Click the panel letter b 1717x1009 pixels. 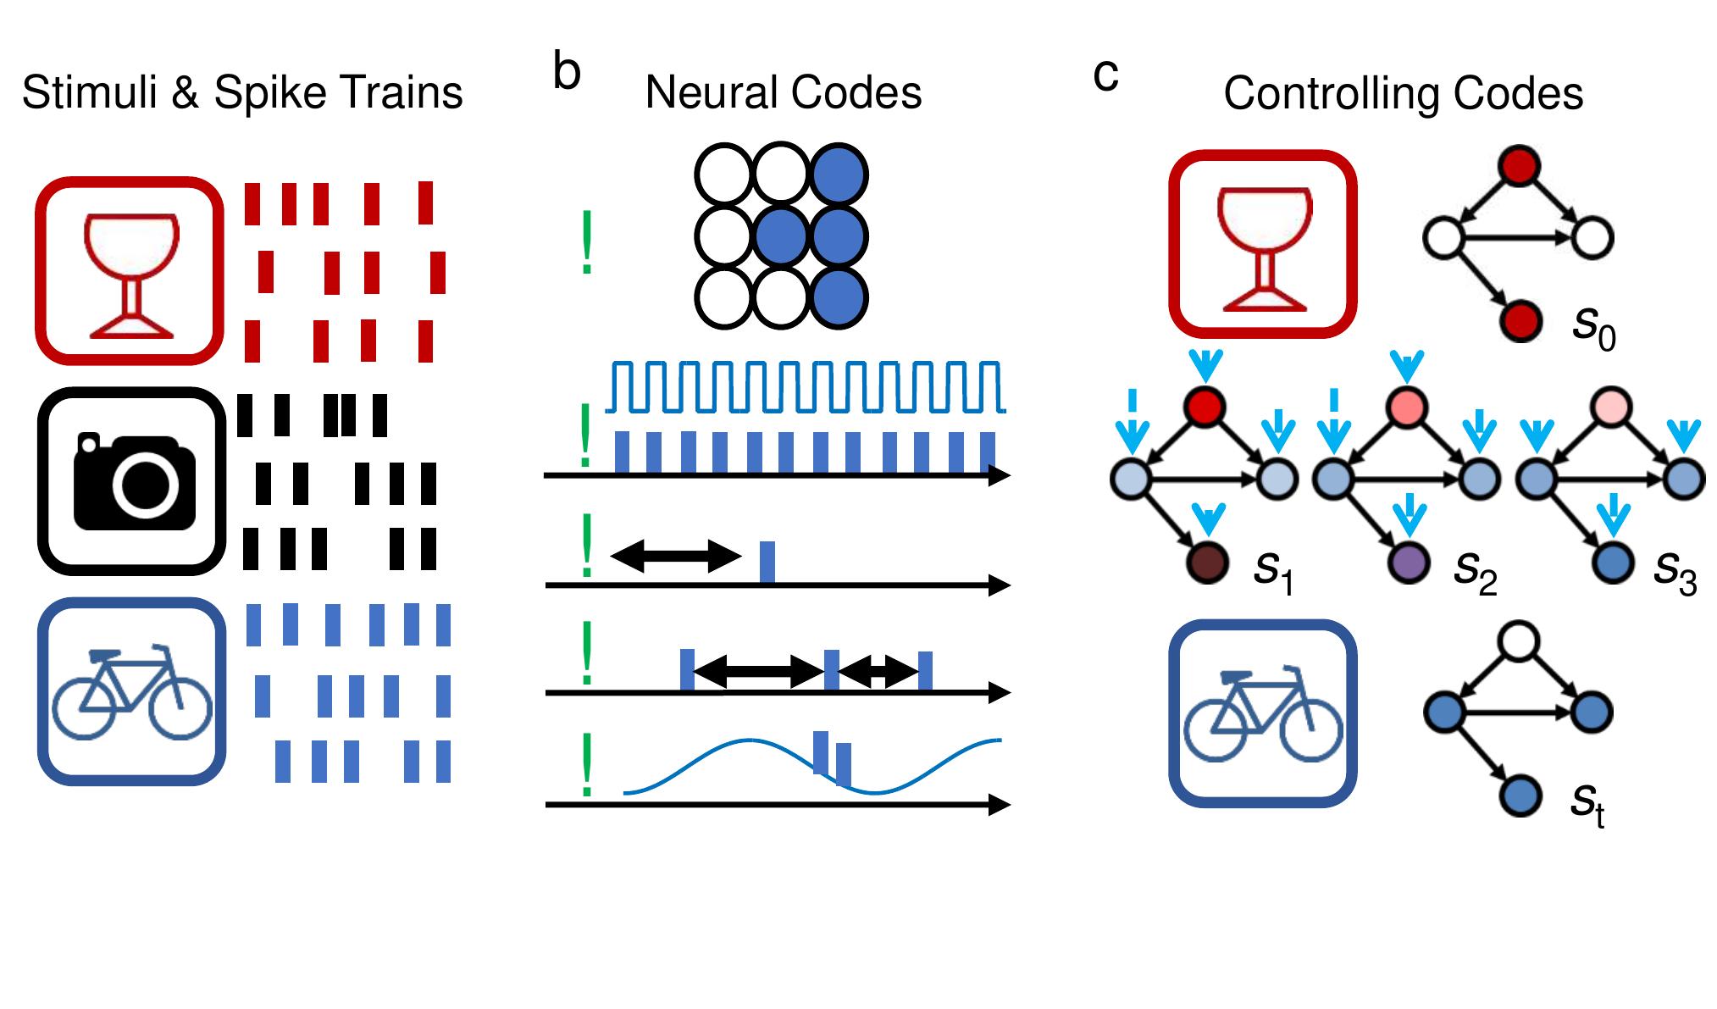pyautogui.click(x=566, y=72)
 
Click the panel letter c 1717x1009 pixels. pyautogui.click(x=1105, y=75)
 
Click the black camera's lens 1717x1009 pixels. pyautogui.click(x=146, y=484)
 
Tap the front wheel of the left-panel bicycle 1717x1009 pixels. pyautogui.click(x=180, y=709)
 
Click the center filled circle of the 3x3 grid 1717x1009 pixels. pyautogui.click(x=781, y=236)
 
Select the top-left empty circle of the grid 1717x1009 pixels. pyautogui.click(x=723, y=175)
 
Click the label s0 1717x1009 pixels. pyautogui.click(x=1593, y=326)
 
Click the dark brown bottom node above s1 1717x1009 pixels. pyautogui.click(x=1208, y=562)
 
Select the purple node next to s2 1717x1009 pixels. pyautogui.click(x=1409, y=562)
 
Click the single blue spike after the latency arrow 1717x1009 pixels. pyautogui.click(x=767, y=561)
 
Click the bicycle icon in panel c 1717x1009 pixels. pyautogui.click(x=1262, y=713)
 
